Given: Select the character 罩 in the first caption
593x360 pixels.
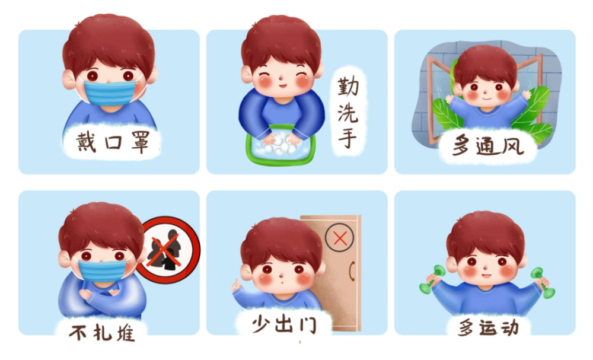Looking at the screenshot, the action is pos(140,142).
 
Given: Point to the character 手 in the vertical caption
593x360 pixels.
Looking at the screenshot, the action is pos(347,137).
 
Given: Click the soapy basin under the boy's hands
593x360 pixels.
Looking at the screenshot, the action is pos(280,145).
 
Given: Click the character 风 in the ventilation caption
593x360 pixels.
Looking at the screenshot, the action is pos(512,145).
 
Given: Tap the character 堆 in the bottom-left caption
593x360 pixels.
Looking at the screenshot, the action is pos(126,333).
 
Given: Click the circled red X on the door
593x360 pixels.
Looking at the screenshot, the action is pos(340,238).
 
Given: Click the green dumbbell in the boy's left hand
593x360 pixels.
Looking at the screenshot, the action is pos(542,282).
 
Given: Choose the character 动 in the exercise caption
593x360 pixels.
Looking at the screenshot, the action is pos(509,328).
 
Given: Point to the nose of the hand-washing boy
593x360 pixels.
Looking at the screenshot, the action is pos(280,78).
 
